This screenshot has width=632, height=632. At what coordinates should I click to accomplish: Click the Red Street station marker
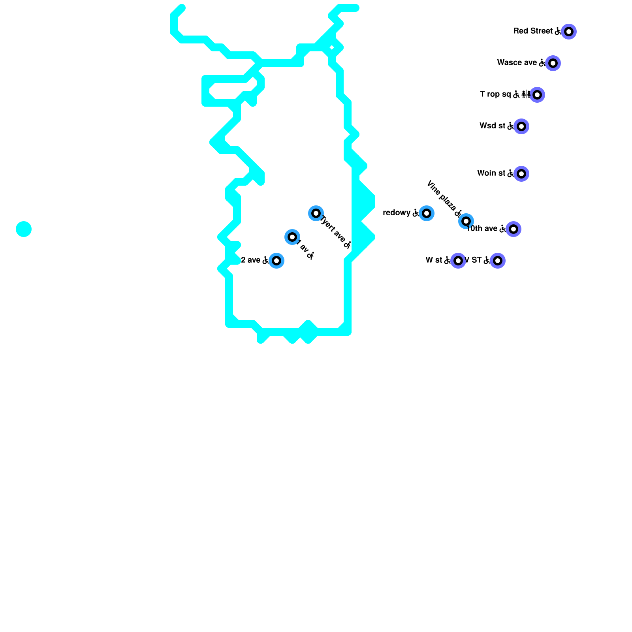point(568,32)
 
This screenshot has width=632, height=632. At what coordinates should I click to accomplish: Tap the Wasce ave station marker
point(553,63)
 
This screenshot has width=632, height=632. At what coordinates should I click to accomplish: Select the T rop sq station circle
point(537,95)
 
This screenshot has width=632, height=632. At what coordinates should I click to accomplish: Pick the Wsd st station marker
point(521,126)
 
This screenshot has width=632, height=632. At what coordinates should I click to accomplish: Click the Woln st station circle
point(521,174)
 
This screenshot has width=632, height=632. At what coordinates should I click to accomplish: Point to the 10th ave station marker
point(513,229)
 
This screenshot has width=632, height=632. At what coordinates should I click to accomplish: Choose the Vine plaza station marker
point(466,221)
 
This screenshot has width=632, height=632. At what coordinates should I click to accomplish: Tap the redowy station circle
point(426,213)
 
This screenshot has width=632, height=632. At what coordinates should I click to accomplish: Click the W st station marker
point(458,261)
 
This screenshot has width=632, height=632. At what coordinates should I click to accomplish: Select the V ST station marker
point(497,261)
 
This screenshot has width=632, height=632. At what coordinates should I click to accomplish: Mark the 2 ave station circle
point(276,261)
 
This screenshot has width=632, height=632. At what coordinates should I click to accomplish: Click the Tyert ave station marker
point(316,213)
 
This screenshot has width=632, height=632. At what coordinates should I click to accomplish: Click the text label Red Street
point(533,31)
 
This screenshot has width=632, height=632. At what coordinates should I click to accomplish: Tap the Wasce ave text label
point(517,62)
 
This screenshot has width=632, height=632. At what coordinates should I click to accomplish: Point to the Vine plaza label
point(442,196)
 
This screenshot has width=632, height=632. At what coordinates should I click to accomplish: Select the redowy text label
point(397,213)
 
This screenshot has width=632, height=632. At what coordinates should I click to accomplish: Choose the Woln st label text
point(491,173)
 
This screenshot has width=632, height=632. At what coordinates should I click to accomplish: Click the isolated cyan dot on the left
point(24,229)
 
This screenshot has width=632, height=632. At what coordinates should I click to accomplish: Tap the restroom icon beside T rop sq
point(526,94)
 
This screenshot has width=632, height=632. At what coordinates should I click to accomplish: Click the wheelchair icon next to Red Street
point(558,31)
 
